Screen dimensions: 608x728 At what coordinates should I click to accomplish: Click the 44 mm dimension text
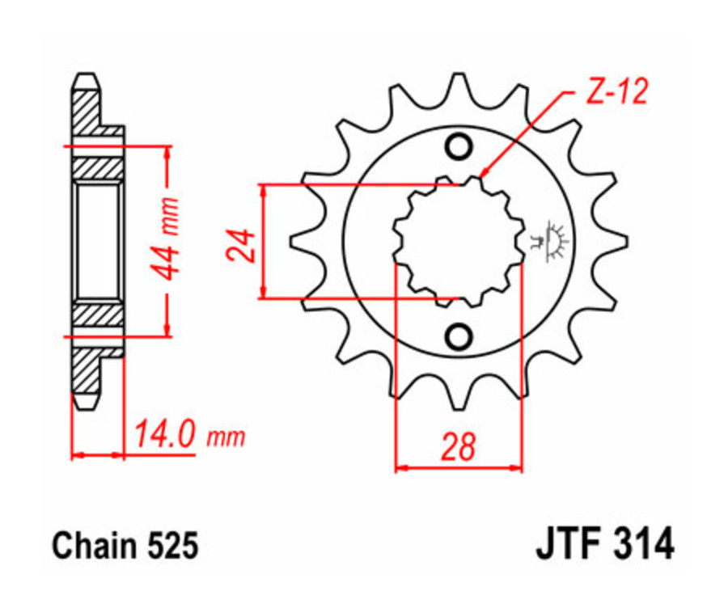167,239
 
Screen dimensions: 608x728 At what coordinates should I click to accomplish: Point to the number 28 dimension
459,447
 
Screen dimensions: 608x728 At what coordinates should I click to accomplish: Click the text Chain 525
125,546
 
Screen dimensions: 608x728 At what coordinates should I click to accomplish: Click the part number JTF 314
603,544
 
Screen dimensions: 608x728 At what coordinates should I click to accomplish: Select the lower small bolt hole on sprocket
459,335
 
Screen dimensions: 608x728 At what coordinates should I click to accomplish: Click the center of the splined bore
459,241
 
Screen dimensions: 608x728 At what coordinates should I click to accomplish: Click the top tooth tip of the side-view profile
87,78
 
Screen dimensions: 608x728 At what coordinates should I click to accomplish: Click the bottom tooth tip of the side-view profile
87,402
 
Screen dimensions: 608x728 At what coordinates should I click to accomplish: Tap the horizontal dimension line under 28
459,467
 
